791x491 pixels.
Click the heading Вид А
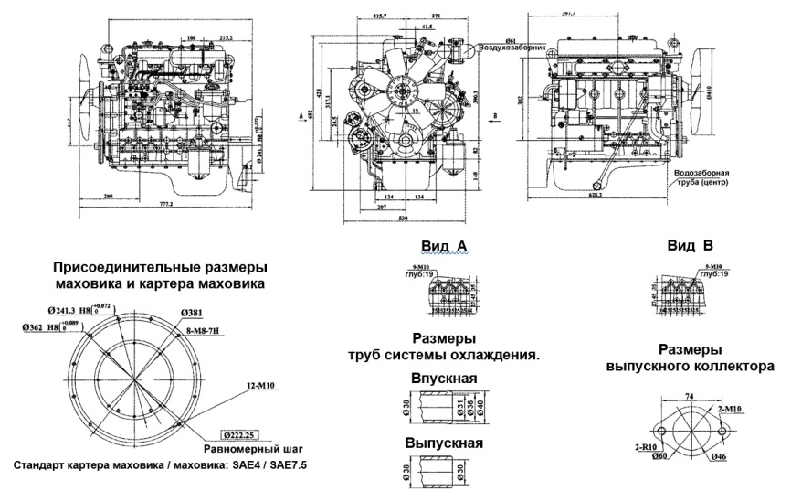click(x=446, y=247)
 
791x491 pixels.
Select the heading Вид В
click(x=690, y=247)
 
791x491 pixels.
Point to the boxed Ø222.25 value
click(x=241, y=435)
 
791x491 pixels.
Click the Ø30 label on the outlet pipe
click(x=465, y=471)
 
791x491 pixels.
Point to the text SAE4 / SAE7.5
click(x=266, y=465)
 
